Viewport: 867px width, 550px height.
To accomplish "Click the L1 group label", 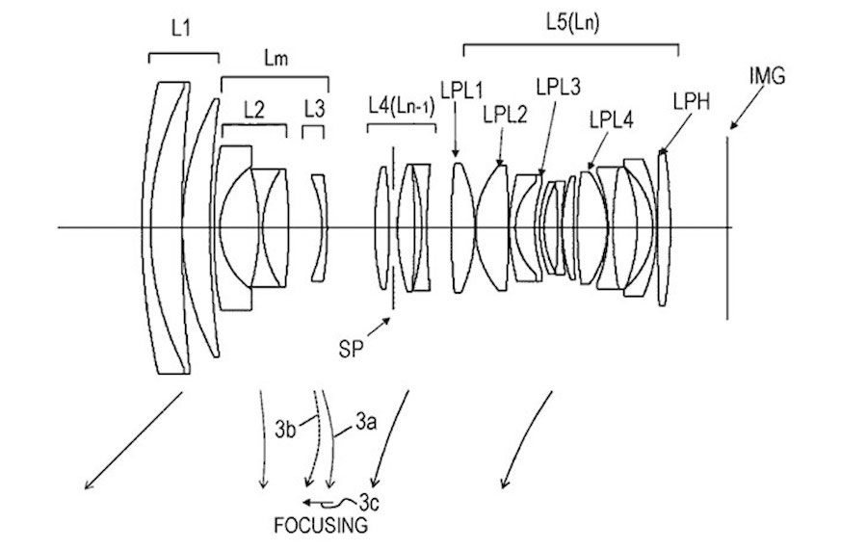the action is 181,28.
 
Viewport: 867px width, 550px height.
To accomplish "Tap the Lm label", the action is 276,59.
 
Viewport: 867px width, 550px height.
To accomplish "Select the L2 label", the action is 253,111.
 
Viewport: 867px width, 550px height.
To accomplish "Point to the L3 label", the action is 314,110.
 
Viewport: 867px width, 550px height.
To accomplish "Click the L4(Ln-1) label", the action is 402,106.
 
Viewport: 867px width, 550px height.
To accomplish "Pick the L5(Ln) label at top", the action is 572,22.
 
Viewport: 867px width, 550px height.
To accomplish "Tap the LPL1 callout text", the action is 462,90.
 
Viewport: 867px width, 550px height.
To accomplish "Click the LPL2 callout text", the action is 505,115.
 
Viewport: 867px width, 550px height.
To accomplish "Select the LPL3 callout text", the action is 558,87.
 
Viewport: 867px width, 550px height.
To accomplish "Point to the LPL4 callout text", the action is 611,120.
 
